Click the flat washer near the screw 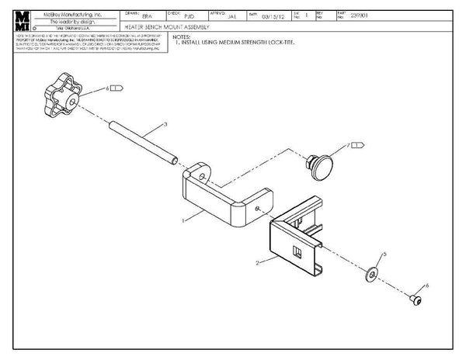tap(372, 272)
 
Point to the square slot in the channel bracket tap(296, 251)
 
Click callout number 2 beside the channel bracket tap(256, 265)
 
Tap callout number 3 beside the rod tap(165, 124)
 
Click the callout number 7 tap(350, 144)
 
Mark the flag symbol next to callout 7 tap(361, 144)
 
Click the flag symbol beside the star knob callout tap(116, 89)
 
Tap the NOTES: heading tap(182, 36)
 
